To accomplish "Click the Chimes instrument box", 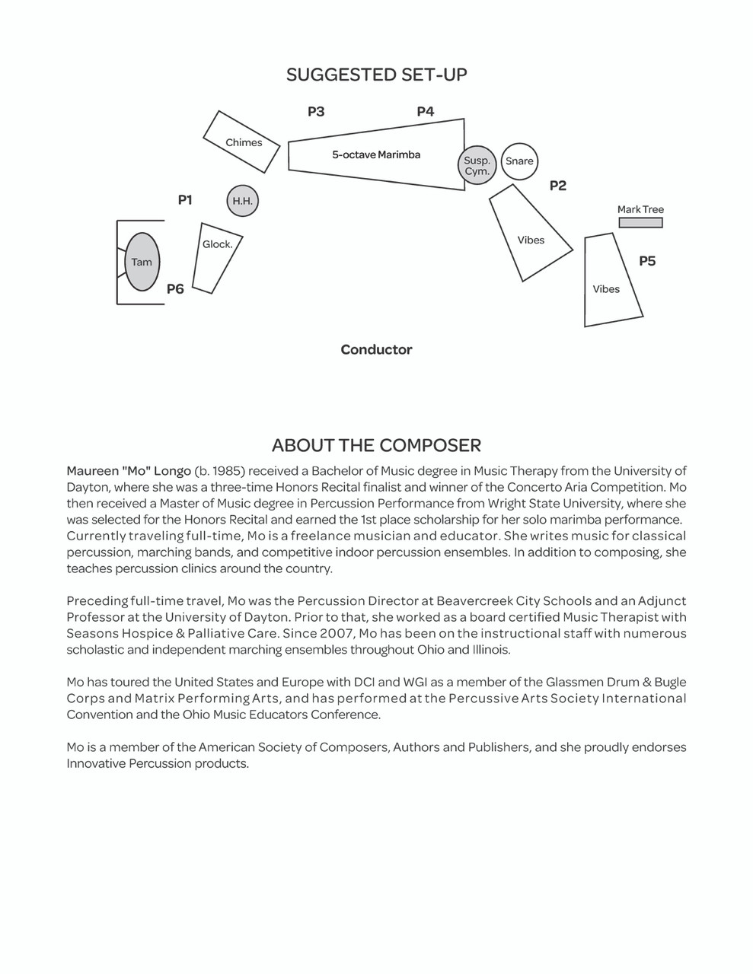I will click(x=243, y=142).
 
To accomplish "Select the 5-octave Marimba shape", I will click(x=376, y=154).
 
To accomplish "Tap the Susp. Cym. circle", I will click(x=477, y=165).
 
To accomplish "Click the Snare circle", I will click(x=519, y=161).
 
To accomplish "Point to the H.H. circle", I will click(x=242, y=202).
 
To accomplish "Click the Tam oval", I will click(x=142, y=262).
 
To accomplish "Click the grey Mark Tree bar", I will click(x=640, y=223).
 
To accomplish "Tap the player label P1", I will click(x=185, y=200).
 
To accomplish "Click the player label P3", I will click(x=316, y=112).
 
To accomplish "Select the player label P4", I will click(x=425, y=112).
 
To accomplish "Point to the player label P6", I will click(x=175, y=289).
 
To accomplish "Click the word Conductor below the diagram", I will click(x=376, y=350).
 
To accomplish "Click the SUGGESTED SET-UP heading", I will click(x=376, y=75).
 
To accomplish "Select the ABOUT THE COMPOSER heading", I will click(x=376, y=445).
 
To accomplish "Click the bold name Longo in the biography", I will click(x=172, y=471).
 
